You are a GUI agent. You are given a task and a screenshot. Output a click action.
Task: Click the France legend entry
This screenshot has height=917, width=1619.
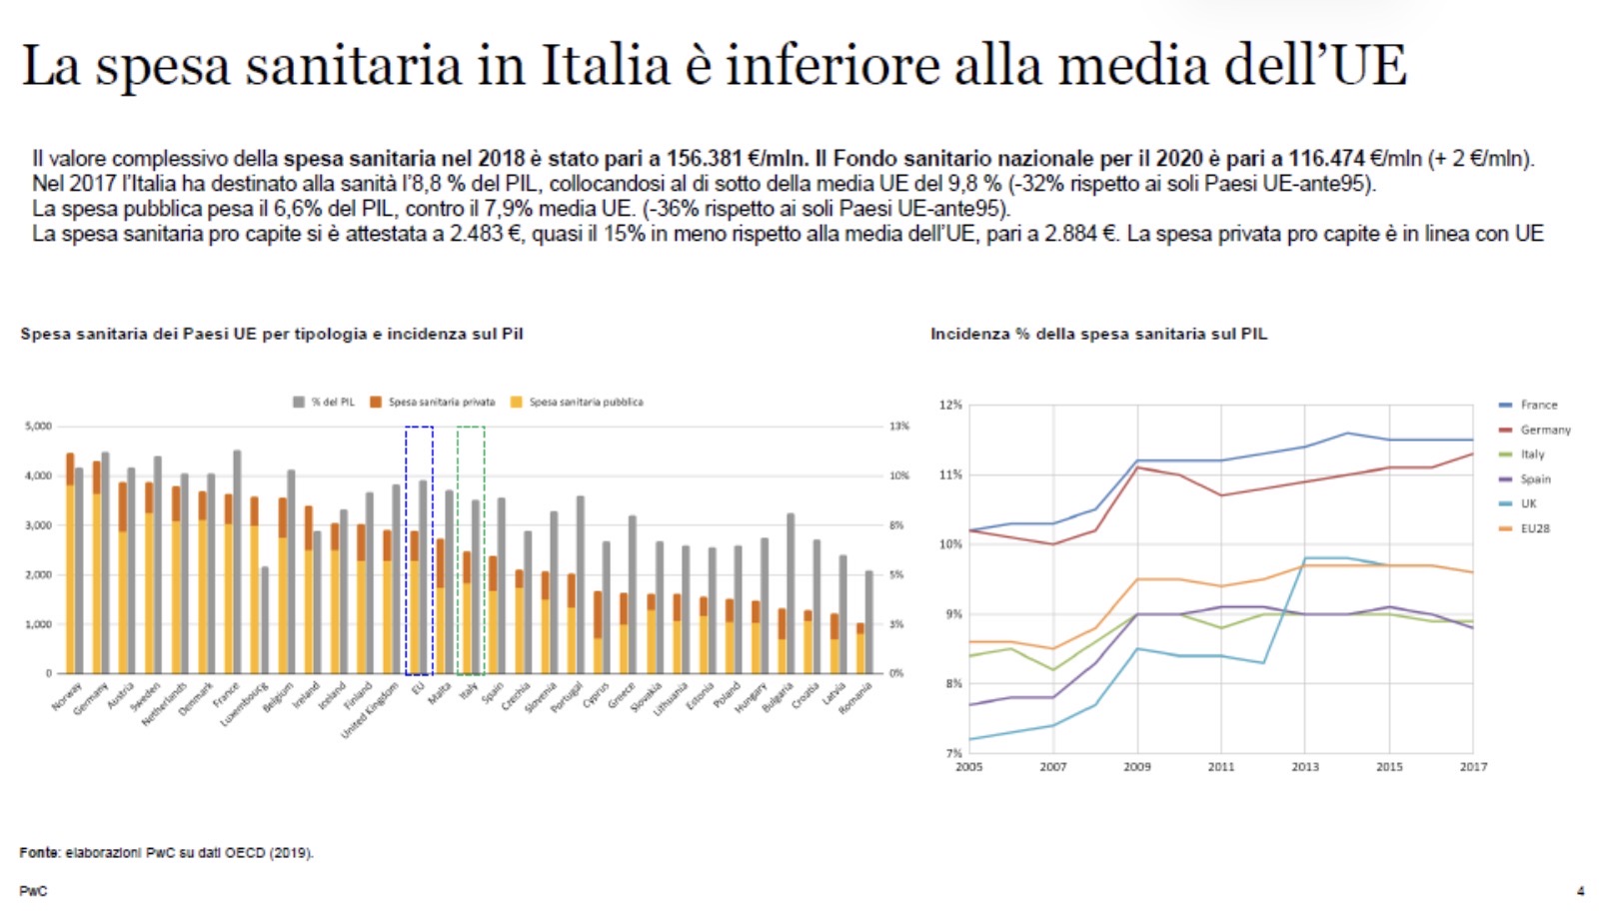pos(1538,405)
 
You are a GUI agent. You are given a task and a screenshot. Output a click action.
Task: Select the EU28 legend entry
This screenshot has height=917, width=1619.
pos(1534,528)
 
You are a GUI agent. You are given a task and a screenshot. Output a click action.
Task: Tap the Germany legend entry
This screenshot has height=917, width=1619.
pos(1544,430)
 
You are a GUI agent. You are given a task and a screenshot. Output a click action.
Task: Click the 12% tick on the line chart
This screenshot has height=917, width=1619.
pos(950,405)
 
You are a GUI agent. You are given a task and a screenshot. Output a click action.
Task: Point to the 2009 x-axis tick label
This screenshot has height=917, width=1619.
pos(1136,767)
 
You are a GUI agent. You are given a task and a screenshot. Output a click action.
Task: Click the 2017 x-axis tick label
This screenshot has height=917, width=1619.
pos(1473,767)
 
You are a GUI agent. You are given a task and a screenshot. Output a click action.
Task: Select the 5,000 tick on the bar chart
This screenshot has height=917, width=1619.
pos(38,427)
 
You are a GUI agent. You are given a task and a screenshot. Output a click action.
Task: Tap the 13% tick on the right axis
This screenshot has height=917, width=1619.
pos(899,427)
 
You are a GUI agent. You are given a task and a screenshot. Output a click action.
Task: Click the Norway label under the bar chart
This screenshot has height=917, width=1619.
pos(67,696)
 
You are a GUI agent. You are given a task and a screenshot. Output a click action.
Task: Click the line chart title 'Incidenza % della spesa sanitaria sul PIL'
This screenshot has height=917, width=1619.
pos(1098,334)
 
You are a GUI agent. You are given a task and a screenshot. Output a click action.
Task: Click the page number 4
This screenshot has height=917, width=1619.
pos(1580,891)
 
